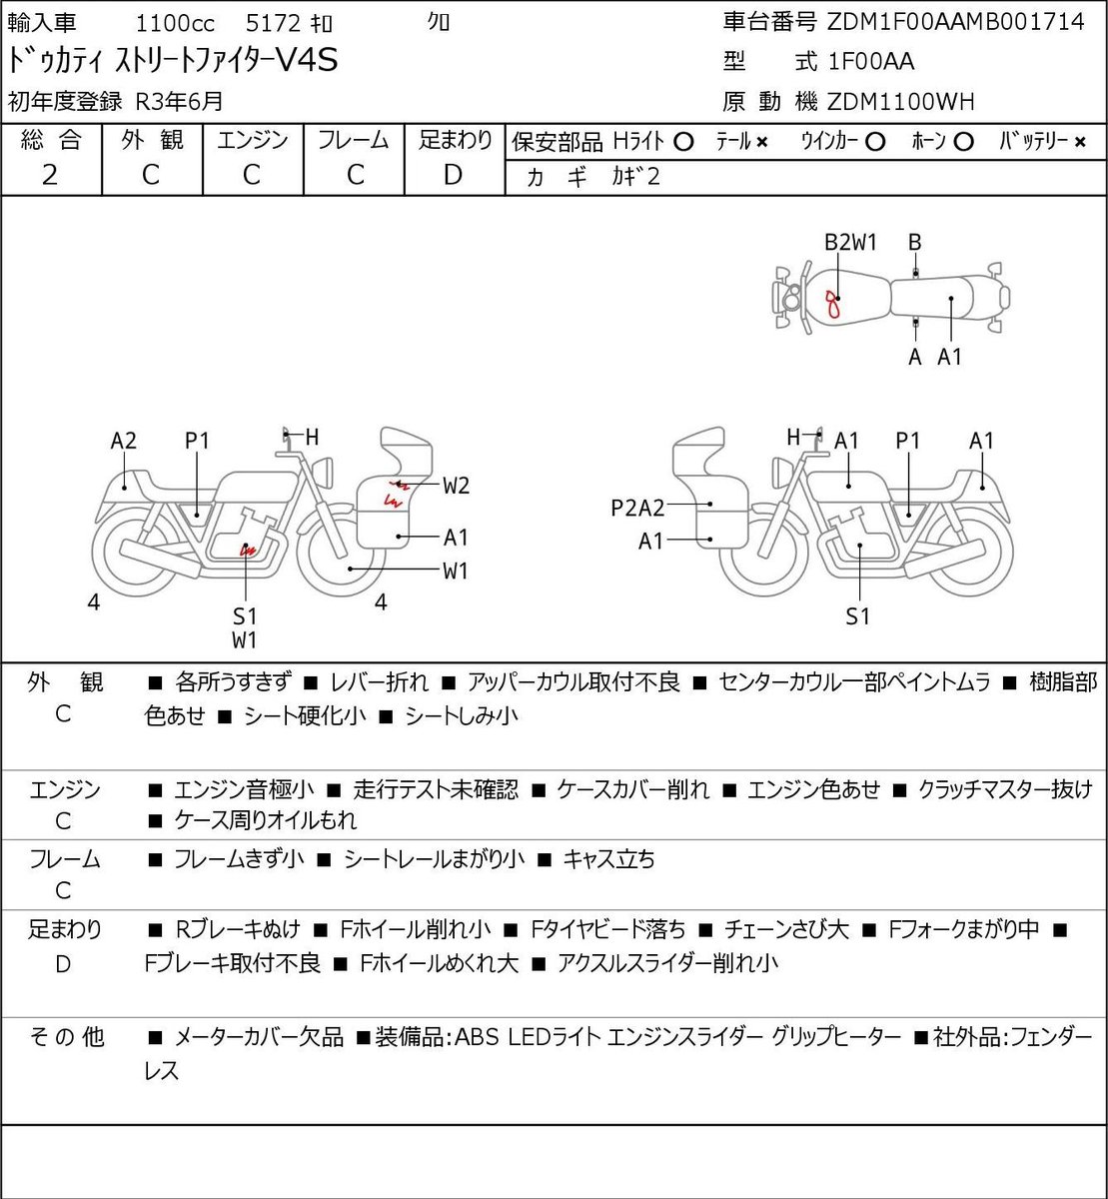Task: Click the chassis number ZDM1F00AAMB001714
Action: pyautogui.click(x=956, y=22)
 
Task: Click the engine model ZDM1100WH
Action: pyautogui.click(x=901, y=102)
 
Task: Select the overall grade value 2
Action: pyautogui.click(x=50, y=175)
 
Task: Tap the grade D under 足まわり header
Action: pyautogui.click(x=453, y=175)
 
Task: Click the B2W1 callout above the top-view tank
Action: pyautogui.click(x=850, y=243)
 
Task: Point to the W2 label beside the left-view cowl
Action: pyautogui.click(x=456, y=486)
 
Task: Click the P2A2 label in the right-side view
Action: pyautogui.click(x=637, y=509)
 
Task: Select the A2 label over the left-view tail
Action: pyautogui.click(x=124, y=441)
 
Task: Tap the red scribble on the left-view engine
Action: pyautogui.click(x=248, y=550)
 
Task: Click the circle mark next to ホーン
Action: pyautogui.click(x=964, y=142)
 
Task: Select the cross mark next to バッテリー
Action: pyautogui.click(x=1080, y=143)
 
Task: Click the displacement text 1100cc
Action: pyautogui.click(x=175, y=24)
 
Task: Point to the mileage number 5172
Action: pyautogui.click(x=273, y=24)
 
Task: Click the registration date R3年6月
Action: pyautogui.click(x=179, y=102)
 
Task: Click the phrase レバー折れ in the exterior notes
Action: pyautogui.click(x=380, y=682)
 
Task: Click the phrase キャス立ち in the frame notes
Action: pyautogui.click(x=608, y=859)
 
